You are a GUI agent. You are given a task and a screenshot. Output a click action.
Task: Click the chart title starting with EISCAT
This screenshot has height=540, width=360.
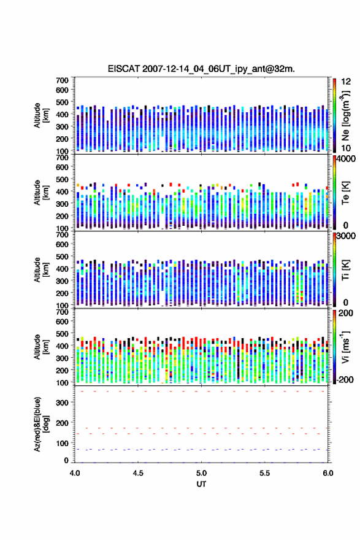click(201, 69)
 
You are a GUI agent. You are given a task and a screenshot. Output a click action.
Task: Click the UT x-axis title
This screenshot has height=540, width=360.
click(201, 484)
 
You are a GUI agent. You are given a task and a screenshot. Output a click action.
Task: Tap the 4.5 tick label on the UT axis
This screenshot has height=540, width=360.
click(138, 473)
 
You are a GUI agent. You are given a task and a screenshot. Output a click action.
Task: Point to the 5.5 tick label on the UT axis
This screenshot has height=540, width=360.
click(265, 473)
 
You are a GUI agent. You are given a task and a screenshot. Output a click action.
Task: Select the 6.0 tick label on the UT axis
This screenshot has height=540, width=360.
click(328, 473)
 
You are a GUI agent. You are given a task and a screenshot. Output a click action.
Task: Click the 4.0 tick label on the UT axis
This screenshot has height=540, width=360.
click(75, 473)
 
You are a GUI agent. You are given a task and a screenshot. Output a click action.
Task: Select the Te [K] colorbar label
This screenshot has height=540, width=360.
click(345, 193)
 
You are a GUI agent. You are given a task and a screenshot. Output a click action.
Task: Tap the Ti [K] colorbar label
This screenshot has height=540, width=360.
click(345, 270)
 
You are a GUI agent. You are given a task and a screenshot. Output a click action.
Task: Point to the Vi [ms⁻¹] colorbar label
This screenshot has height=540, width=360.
click(345, 347)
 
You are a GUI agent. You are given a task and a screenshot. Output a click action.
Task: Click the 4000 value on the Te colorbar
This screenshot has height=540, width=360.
click(346, 159)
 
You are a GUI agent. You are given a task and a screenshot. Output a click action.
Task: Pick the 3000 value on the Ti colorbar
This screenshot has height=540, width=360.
click(346, 236)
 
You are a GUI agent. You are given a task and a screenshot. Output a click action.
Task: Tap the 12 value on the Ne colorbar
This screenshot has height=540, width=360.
click(346, 82)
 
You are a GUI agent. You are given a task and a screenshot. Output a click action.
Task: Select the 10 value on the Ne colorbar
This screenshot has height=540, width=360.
click(346, 148)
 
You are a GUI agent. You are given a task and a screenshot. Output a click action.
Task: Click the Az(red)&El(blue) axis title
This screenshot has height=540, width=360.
click(41, 424)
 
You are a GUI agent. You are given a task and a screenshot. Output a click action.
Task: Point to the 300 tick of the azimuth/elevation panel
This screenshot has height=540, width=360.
click(63, 403)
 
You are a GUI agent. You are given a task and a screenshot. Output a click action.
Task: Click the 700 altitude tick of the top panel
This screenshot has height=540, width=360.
click(63, 80)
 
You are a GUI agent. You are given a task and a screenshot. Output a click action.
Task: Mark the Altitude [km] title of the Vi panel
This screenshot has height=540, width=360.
click(41, 347)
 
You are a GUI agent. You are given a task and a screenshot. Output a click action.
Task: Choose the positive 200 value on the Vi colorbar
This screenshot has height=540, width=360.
click(346, 314)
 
